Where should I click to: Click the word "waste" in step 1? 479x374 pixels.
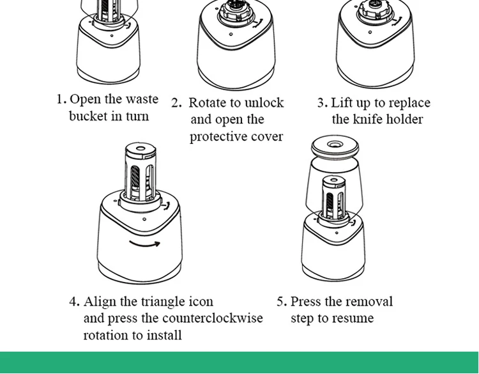point(141,100)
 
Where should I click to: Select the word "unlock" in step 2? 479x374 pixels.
point(263,103)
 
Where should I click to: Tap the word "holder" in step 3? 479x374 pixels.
point(404,120)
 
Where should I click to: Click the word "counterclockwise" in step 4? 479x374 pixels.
point(213,318)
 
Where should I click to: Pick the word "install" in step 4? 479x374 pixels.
point(163,335)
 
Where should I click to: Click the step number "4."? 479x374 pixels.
point(75,302)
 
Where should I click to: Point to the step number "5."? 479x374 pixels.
point(282,302)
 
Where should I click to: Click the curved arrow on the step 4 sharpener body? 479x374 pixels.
point(145,243)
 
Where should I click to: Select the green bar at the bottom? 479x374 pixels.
point(240,362)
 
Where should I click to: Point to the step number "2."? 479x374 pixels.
point(176,103)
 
